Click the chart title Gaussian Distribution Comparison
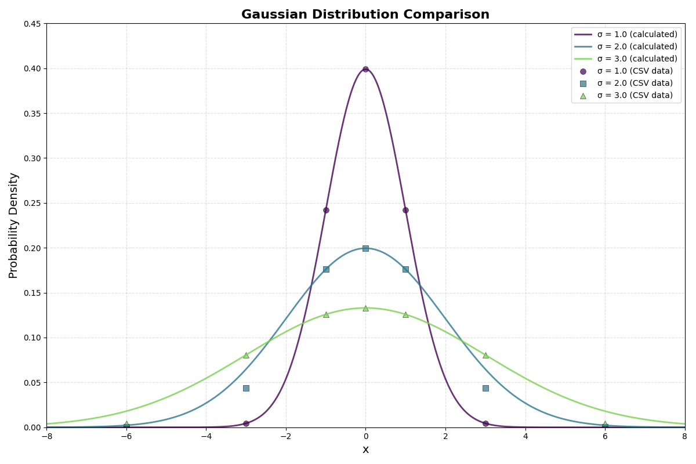(365, 14)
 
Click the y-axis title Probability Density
(14, 225)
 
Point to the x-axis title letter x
(365, 449)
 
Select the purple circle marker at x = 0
(365, 69)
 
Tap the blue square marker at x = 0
(365, 248)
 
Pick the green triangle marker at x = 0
(365, 308)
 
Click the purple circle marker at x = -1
(326, 210)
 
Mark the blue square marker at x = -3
(246, 388)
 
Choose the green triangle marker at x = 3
(485, 355)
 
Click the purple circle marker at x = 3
(485, 423)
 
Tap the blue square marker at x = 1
(405, 269)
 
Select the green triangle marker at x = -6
(126, 424)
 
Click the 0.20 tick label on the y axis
(32, 248)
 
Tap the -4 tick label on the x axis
(205, 436)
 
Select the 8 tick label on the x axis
(684, 436)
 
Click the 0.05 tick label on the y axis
(32, 383)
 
